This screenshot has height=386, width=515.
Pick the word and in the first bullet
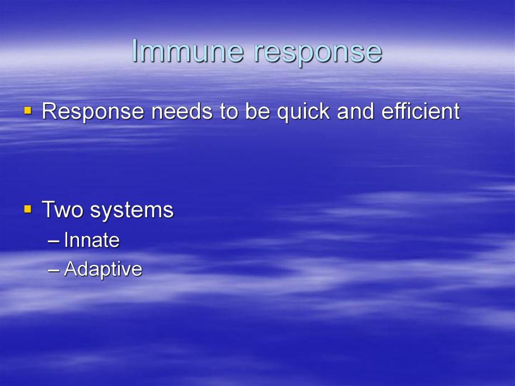click(357, 111)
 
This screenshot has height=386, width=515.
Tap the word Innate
click(92, 241)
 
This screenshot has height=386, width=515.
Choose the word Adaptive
click(103, 270)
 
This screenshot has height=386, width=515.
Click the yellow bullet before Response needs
click(27, 111)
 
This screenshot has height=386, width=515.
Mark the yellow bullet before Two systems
click(27, 209)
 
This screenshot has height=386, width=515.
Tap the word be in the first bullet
click(255, 111)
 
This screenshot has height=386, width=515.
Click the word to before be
click(229, 112)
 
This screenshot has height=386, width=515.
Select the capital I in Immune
click(135, 51)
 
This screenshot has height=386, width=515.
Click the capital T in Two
click(48, 210)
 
